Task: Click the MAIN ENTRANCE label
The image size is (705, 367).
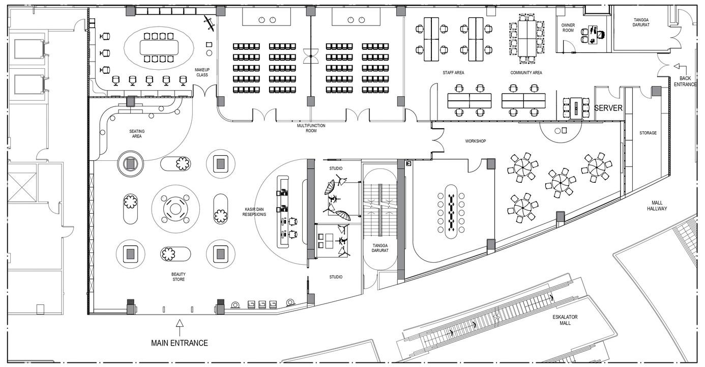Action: (179, 343)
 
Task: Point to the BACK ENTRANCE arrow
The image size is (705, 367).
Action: (677, 66)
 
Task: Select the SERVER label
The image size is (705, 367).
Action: (608, 108)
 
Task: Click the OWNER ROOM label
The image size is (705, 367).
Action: (568, 27)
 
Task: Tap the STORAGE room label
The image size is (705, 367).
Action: (648, 133)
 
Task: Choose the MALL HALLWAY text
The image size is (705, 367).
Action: (657, 206)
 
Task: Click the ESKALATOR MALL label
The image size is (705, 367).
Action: (565, 320)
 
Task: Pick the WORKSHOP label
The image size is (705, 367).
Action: (475, 141)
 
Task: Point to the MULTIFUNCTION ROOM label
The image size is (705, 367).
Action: (311, 128)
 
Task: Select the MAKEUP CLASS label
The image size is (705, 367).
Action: (202, 72)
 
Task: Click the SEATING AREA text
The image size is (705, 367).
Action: (137, 134)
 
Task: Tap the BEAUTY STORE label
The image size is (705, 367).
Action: (178, 277)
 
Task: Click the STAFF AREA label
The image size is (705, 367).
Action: (453, 73)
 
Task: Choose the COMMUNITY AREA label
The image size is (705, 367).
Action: (526, 73)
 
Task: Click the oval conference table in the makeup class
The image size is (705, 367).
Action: (159, 48)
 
